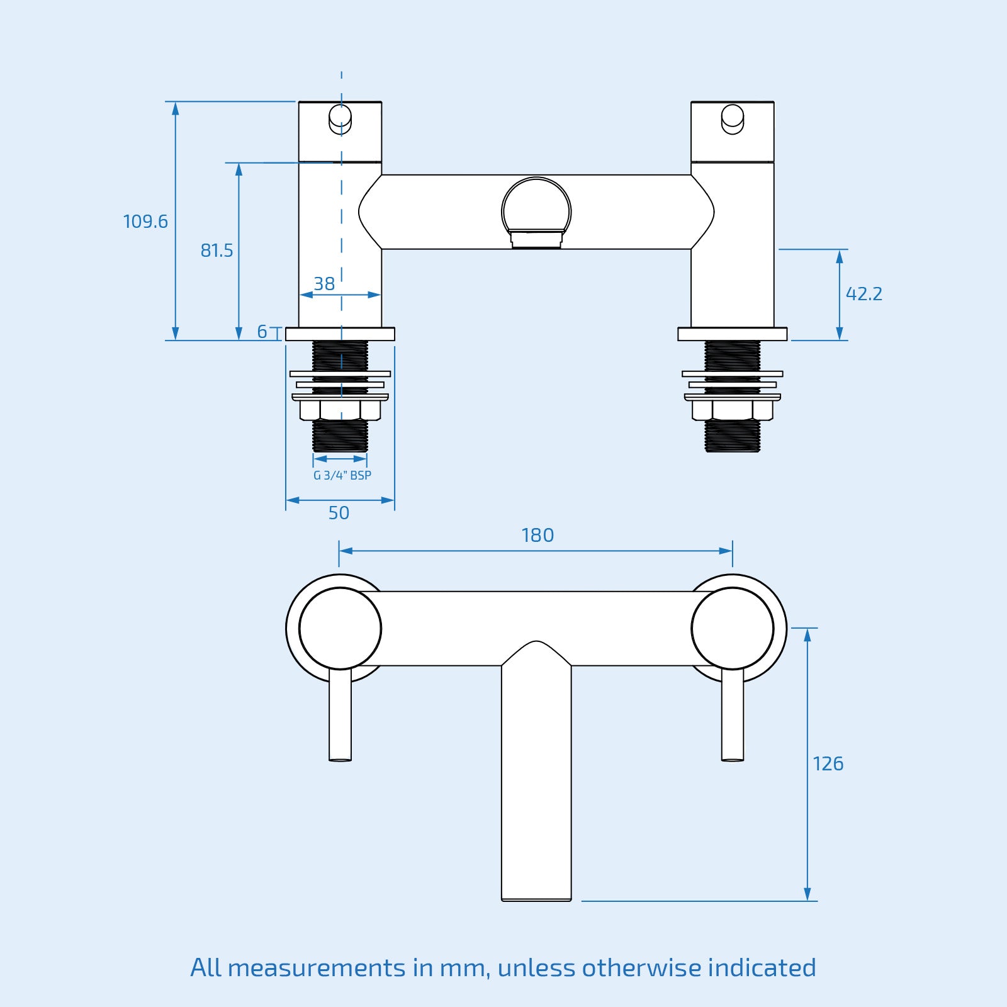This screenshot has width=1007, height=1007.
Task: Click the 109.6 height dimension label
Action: (x=145, y=222)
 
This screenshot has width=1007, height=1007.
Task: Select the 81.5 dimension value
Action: (x=217, y=250)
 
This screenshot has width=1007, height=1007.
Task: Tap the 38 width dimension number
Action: (x=324, y=284)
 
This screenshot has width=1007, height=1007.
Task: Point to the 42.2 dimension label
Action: (x=864, y=294)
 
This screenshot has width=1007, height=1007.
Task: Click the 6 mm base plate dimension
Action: (x=262, y=332)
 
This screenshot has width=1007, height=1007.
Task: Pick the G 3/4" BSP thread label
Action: (x=342, y=476)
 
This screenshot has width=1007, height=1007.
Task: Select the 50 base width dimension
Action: (x=339, y=513)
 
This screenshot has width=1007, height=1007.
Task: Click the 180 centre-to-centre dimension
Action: (x=537, y=535)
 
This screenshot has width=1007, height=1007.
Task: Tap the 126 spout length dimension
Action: (x=828, y=763)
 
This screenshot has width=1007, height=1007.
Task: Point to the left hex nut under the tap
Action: (x=340, y=410)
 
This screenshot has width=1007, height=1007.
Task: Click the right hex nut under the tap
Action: (x=733, y=410)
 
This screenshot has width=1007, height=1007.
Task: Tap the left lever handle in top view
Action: (x=340, y=714)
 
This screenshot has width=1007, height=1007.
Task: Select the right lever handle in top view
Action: (x=733, y=714)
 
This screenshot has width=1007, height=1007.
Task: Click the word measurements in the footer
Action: (x=316, y=967)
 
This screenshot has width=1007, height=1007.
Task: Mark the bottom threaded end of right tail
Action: (x=733, y=437)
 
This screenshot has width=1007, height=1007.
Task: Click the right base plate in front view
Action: (x=733, y=334)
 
